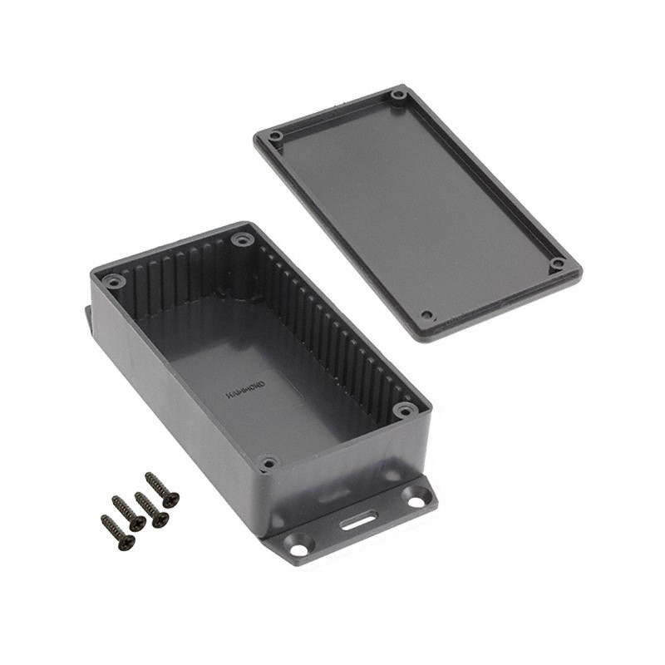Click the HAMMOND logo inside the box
coord(248,391)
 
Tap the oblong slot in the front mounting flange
coord(357,522)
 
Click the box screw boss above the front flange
coord(268,461)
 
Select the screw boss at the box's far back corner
coord(242,239)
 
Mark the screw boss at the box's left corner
coord(116,282)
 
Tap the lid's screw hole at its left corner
coord(276,135)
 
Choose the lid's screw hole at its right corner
coord(559,264)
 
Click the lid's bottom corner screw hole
coord(426,316)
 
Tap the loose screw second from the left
coord(129,513)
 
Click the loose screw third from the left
coord(151,509)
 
